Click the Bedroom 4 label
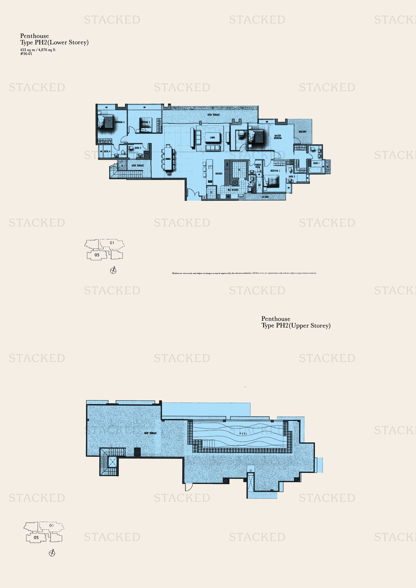119,122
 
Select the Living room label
212,138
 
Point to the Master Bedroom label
278,137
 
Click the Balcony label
303,132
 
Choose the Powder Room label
258,166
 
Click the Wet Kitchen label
233,190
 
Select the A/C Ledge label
265,197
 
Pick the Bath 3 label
138,148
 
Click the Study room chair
241,133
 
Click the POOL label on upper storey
243,434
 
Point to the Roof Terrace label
150,433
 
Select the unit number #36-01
26,54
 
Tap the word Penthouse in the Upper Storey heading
276,319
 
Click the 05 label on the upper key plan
97,255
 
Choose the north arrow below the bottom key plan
52,553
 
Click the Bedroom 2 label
275,171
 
